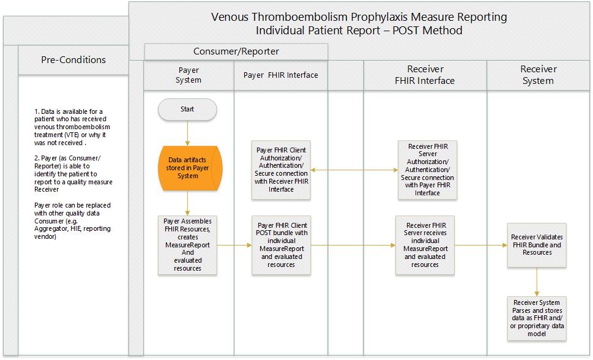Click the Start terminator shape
point(187,109)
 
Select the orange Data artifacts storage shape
point(188,168)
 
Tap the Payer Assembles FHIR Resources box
point(188,244)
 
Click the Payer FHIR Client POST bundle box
point(282,244)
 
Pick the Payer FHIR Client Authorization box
point(282,170)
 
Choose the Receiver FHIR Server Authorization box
point(427,170)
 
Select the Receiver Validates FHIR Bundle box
point(537,244)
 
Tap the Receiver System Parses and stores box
point(537,318)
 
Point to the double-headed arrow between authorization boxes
point(354,170)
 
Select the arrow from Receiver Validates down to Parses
point(537,281)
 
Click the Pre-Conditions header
point(73,59)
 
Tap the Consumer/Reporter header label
point(236,51)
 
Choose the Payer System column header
point(188,75)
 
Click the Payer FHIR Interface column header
point(281,75)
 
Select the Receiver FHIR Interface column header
point(425,75)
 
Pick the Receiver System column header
point(539,75)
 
